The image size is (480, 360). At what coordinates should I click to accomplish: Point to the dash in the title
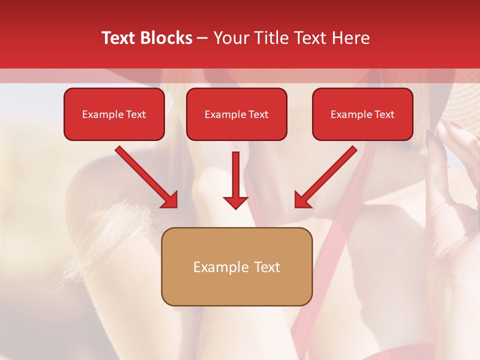[202, 38]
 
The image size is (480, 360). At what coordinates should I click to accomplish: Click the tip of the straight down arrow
[235, 208]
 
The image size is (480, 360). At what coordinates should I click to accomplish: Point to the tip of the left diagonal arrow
[176, 206]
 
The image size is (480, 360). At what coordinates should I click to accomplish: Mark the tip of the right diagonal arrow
[296, 206]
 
